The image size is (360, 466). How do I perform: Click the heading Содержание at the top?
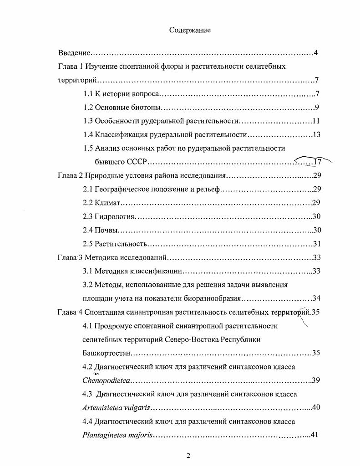coord(190,30)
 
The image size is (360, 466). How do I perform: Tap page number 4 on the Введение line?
coord(315,53)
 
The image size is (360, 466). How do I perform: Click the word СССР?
coord(136,162)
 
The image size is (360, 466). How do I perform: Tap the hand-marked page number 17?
coord(317,162)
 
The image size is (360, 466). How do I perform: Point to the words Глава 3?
coord(69,257)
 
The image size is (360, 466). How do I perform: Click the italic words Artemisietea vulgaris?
coord(117,407)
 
